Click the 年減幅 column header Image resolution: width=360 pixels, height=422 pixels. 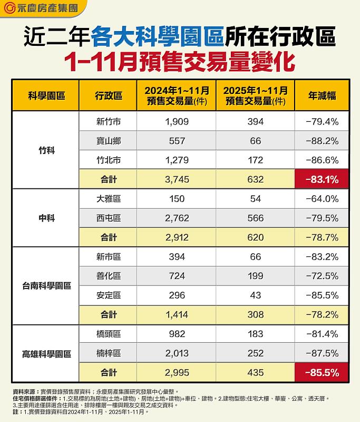[322, 95]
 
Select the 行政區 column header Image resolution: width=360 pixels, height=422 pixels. [108, 95]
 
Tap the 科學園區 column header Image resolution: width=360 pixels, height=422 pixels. [46, 95]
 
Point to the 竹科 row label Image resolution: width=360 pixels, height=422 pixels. [46, 150]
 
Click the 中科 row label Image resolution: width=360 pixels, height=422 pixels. [46, 218]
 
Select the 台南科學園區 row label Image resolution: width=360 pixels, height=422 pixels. [46, 286]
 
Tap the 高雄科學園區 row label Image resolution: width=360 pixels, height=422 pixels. [46, 353]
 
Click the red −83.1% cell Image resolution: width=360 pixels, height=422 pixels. [322, 179]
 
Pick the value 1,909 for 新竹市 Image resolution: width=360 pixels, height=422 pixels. [176, 121]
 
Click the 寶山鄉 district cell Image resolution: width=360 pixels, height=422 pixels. [108, 141]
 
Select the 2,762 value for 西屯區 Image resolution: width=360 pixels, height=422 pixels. [176, 218]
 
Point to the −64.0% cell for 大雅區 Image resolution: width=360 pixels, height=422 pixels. [322, 199]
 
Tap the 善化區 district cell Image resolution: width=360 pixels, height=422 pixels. [108, 276]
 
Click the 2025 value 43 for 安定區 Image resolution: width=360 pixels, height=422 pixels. [255, 295]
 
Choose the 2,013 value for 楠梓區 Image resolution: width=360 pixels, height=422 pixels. [176, 353]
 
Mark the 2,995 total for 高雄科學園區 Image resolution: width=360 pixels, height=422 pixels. [176, 373]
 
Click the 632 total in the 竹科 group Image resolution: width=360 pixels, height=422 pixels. [255, 179]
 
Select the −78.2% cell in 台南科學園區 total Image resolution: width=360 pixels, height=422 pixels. [322, 315]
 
